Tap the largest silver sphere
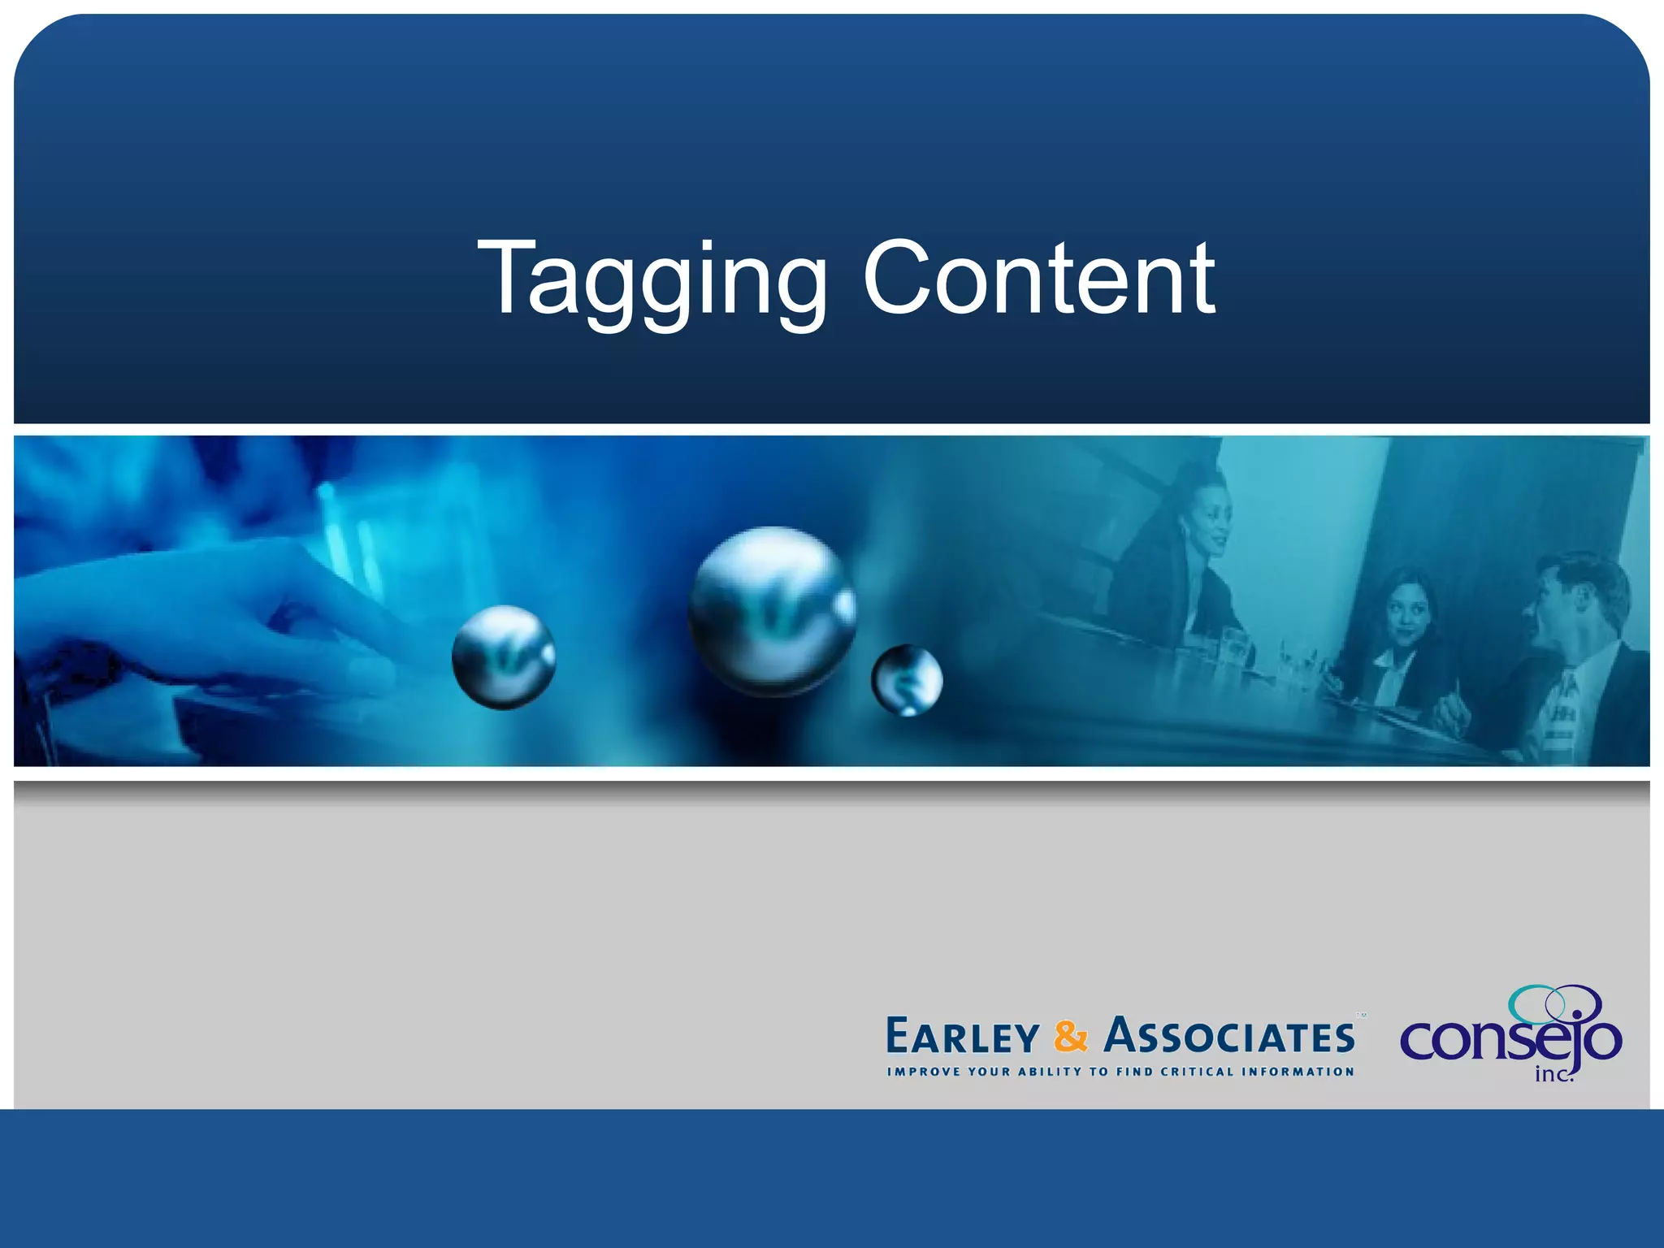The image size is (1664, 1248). coord(771,611)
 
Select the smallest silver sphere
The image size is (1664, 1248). coord(907,680)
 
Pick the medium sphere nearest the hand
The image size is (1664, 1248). coord(504,656)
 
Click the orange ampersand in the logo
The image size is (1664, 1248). coord(1070,1037)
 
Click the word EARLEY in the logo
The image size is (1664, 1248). coord(962,1038)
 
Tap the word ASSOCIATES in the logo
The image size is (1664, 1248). coord(1228,1037)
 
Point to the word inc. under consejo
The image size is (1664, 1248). coord(1553,1075)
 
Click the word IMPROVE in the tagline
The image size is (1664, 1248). coord(924,1072)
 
